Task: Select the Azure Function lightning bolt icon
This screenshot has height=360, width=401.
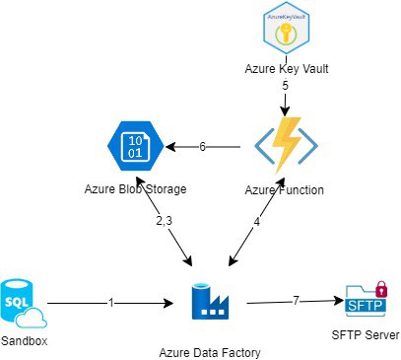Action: pyautogui.click(x=286, y=146)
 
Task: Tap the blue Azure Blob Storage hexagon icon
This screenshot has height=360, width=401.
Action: pyautogui.click(x=136, y=145)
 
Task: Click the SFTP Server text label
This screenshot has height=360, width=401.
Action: pyautogui.click(x=365, y=335)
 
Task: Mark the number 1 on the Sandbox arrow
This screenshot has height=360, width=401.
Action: pyautogui.click(x=112, y=303)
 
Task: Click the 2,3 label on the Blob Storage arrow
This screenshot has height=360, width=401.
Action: pyautogui.click(x=163, y=223)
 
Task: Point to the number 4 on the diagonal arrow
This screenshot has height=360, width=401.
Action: pyautogui.click(x=257, y=223)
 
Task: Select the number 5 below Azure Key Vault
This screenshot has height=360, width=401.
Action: pyautogui.click(x=285, y=86)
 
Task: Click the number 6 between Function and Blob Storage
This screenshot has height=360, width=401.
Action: pyautogui.click(x=202, y=147)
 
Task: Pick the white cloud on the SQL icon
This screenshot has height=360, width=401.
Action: pyautogui.click(x=34, y=317)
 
